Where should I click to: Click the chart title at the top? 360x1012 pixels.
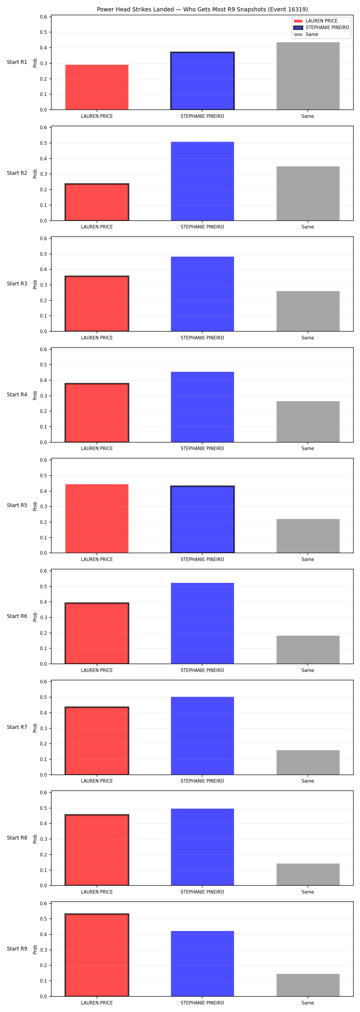(x=202, y=9)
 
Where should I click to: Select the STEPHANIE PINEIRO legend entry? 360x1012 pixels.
(x=321, y=28)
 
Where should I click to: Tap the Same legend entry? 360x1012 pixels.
(x=306, y=34)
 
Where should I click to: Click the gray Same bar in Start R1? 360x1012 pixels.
(x=308, y=76)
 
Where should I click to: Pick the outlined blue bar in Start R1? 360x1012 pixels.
(x=202, y=81)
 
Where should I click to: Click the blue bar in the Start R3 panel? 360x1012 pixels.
(x=202, y=294)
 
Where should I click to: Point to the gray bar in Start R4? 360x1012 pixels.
(x=308, y=422)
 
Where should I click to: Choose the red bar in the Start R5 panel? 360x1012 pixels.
(x=97, y=518)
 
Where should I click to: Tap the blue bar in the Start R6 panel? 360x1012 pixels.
(x=202, y=623)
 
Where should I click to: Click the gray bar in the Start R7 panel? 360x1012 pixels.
(x=308, y=763)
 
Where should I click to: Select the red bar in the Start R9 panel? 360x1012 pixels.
(x=97, y=955)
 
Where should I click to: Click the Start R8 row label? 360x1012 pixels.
(x=17, y=838)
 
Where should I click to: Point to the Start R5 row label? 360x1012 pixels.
(x=17, y=505)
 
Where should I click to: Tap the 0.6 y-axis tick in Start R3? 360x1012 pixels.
(x=43, y=238)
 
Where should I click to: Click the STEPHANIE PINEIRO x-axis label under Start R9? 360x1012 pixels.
(x=202, y=1003)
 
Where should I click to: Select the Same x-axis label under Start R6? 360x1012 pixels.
(x=308, y=670)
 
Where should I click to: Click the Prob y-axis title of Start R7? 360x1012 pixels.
(x=35, y=728)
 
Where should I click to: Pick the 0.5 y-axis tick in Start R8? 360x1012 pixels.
(x=43, y=808)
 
